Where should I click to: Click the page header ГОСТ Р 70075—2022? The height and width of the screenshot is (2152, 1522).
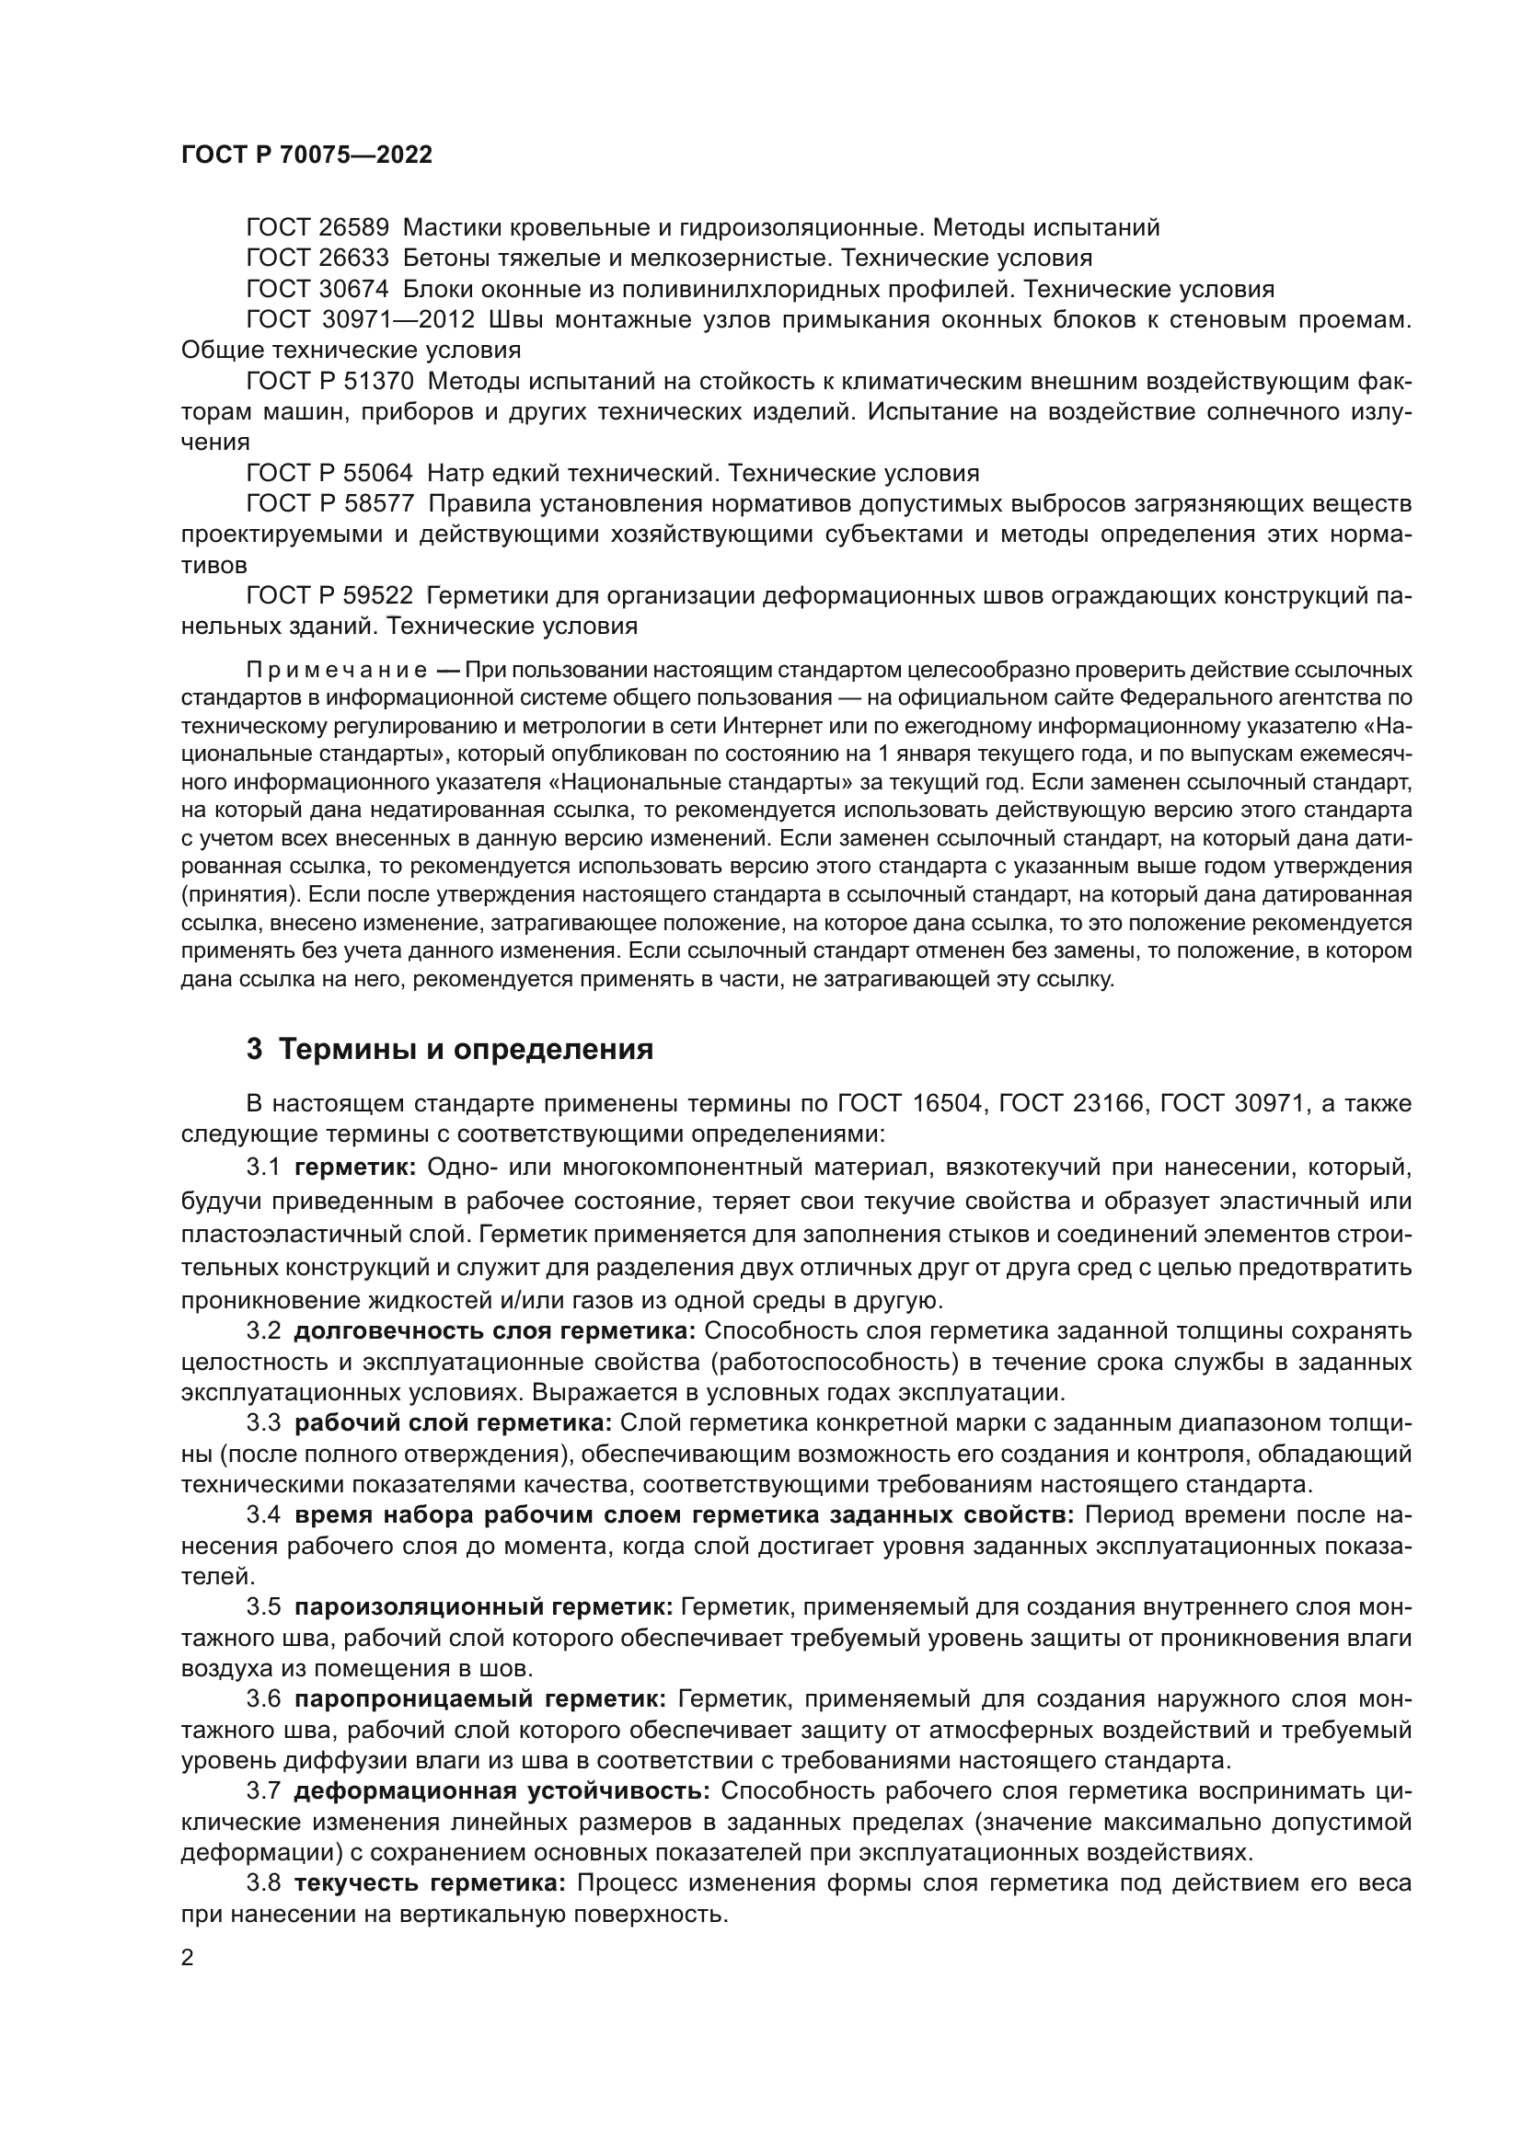point(306,155)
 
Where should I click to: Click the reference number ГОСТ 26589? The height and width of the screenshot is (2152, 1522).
point(317,228)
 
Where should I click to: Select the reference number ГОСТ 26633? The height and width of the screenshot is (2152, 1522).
point(317,259)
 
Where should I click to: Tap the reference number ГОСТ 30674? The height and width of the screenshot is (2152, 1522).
point(317,289)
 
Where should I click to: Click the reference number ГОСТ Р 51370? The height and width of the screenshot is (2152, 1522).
point(329,382)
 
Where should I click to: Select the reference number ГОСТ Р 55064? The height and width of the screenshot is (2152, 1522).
point(329,472)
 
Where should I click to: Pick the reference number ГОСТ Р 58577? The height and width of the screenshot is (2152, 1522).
point(329,503)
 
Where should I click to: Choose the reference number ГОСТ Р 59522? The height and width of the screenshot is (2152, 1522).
point(329,595)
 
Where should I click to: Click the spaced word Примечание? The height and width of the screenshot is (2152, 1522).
point(337,670)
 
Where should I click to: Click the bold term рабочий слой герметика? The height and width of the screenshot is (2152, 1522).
point(453,1422)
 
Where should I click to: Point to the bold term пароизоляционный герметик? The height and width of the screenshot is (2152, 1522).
point(484,1607)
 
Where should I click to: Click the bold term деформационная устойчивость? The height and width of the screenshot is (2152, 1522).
point(502,1791)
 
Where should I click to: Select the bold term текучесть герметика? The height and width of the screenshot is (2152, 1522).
point(430,1883)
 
